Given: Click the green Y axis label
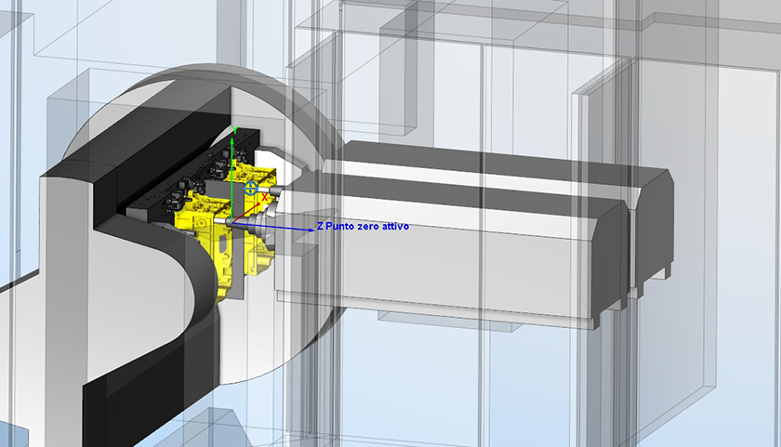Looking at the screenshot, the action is [234, 130].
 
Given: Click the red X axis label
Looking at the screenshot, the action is [264, 198].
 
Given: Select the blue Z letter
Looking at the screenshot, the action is [320, 226].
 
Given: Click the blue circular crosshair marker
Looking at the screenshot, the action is [250, 188].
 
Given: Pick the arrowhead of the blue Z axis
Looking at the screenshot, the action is [310, 230].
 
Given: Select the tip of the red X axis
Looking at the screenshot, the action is [260, 204].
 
